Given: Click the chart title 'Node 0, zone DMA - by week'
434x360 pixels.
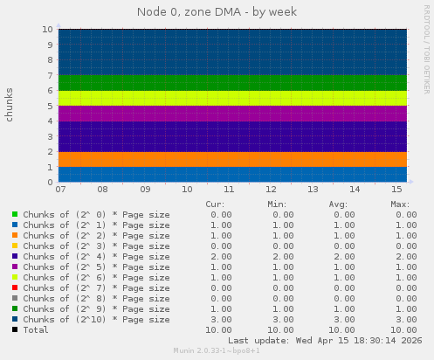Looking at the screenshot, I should (x=217, y=12).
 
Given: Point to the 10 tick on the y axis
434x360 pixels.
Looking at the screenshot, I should (x=49, y=29).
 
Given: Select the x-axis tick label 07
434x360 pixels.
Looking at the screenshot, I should (x=60, y=189).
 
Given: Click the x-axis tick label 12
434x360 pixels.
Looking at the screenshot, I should (x=270, y=189).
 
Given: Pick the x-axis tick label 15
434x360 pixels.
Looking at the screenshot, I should (x=396, y=189).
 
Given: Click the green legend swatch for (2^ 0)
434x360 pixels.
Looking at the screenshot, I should (x=15, y=215).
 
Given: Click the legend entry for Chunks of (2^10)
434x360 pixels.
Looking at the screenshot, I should (x=96, y=320).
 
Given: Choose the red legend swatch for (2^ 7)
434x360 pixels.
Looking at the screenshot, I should (x=15, y=288).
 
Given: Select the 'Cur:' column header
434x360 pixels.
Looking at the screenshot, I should (x=215, y=204).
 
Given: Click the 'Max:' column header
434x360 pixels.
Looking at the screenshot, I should (x=401, y=204).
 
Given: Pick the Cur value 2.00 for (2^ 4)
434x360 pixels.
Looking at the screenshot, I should (x=221, y=257).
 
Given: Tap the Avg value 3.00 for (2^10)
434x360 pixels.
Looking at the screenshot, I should (x=344, y=320).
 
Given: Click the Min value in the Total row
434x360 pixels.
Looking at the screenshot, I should (x=280, y=330).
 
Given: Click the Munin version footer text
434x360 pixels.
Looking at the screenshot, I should (x=217, y=351).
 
